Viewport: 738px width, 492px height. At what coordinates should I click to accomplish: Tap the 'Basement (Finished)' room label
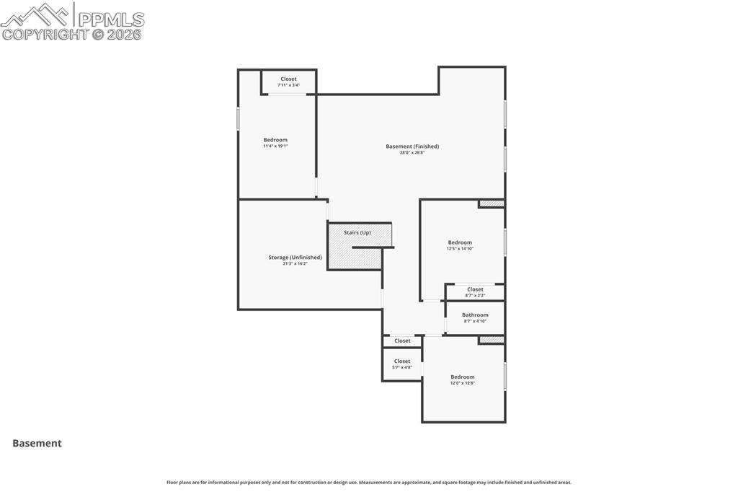pos(412,146)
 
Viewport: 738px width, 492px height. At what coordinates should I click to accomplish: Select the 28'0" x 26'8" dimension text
pos(412,153)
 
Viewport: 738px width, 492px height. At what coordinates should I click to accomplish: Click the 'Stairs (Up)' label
pos(357,232)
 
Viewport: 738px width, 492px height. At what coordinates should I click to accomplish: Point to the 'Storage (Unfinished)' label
pos(295,258)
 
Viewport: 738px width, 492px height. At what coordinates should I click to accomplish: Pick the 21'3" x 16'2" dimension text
pos(295,264)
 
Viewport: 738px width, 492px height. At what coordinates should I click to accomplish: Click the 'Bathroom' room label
pos(475,315)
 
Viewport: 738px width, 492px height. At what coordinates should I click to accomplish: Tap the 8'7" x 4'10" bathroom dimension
pos(475,321)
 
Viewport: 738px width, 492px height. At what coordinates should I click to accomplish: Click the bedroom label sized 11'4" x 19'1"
pos(275,140)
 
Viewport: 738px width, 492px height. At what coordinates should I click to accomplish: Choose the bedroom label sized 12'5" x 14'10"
pos(460,242)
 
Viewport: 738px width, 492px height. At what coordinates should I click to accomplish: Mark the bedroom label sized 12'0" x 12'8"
pos(463,377)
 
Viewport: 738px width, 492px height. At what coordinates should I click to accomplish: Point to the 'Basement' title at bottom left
pos(37,444)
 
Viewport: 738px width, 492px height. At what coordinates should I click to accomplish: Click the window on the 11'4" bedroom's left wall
pos(239,119)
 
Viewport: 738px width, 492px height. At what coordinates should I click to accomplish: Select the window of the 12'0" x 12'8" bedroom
pos(504,377)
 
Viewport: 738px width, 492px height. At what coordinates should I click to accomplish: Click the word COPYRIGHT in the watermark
pos(45,34)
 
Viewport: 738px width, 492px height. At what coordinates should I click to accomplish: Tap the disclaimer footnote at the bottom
pos(369,483)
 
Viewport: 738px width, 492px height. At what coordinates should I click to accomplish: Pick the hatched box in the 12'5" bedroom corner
pos(492,204)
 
